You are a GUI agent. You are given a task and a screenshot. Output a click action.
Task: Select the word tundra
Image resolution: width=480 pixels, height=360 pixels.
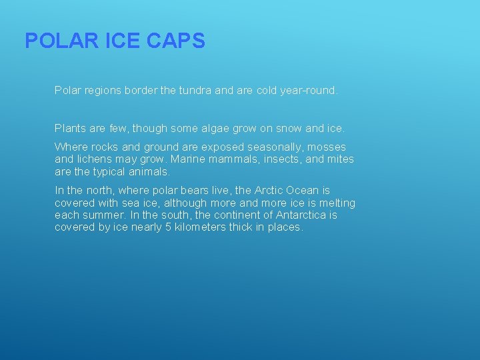coord(195,90)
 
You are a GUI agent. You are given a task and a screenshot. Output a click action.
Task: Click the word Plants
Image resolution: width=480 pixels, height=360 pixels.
coord(71,128)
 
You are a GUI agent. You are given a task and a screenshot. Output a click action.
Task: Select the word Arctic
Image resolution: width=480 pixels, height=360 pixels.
coord(270,191)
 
